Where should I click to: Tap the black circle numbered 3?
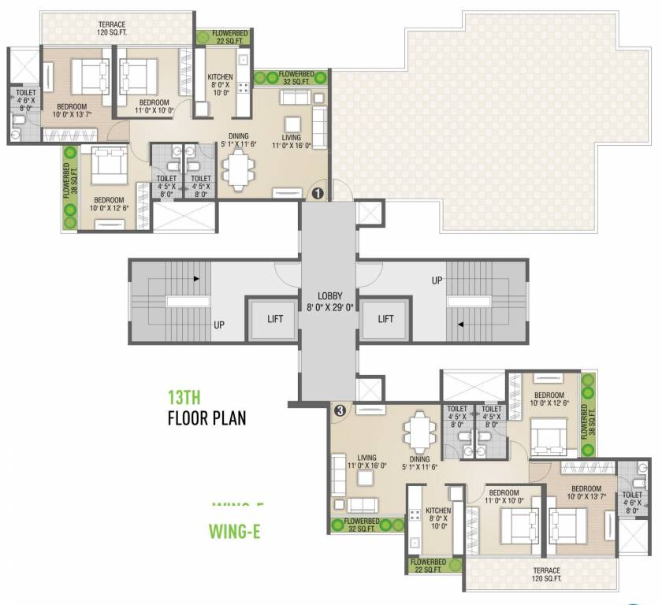tap(340, 410)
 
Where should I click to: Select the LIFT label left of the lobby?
tap(274, 319)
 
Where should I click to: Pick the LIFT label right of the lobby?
tap(385, 319)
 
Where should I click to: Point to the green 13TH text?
tap(187, 398)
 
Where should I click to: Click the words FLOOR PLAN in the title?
tap(206, 418)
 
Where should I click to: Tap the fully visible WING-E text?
tap(234, 531)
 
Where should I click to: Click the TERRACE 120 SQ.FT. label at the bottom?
tap(546, 575)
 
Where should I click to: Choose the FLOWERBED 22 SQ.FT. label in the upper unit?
tap(223, 37)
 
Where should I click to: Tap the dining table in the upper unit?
tap(236, 167)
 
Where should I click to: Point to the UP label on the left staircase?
tap(220, 324)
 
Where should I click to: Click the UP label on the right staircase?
tap(436, 280)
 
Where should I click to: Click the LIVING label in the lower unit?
tap(367, 458)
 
